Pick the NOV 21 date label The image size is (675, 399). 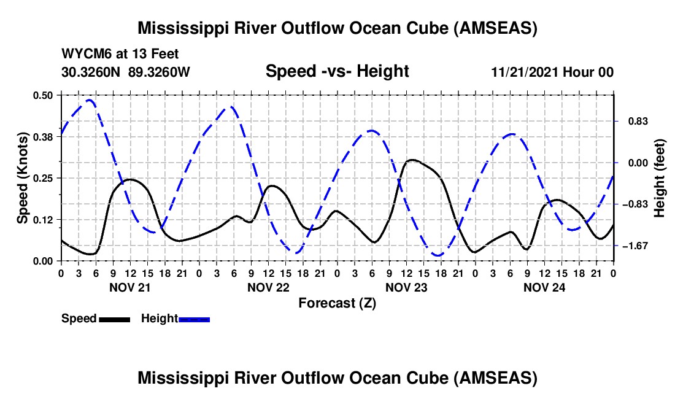[130, 287]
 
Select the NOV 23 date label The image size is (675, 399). [406, 287]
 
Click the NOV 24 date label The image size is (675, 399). [544, 287]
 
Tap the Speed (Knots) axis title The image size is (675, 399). [23, 178]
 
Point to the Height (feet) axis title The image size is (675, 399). [660, 178]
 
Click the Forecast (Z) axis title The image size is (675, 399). [337, 303]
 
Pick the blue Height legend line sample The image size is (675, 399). [194, 319]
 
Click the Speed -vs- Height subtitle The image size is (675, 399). [337, 71]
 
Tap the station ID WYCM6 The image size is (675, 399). [87, 54]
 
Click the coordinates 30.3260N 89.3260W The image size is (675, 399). [126, 72]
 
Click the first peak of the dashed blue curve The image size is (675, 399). [90, 99]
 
